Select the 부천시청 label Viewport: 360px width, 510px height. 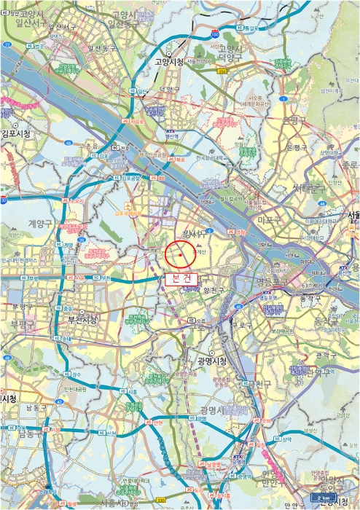coord(83,320)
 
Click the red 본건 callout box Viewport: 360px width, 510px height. coord(180,278)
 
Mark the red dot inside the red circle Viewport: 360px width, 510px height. coord(181,256)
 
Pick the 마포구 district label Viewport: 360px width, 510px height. coord(270,218)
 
